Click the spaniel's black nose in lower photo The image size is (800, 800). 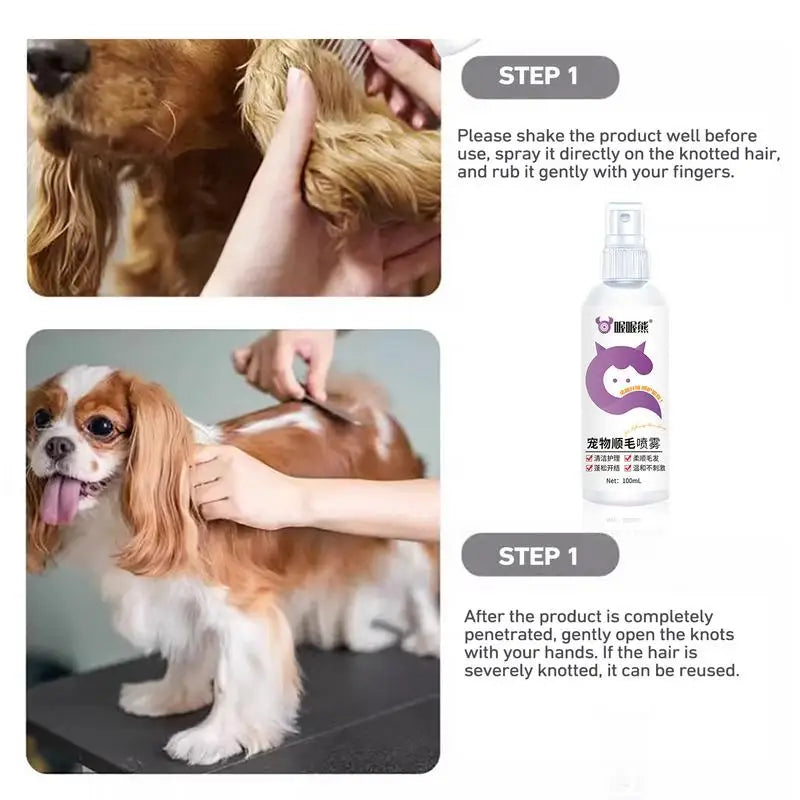(x=59, y=448)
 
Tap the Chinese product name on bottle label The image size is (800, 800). (x=624, y=441)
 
